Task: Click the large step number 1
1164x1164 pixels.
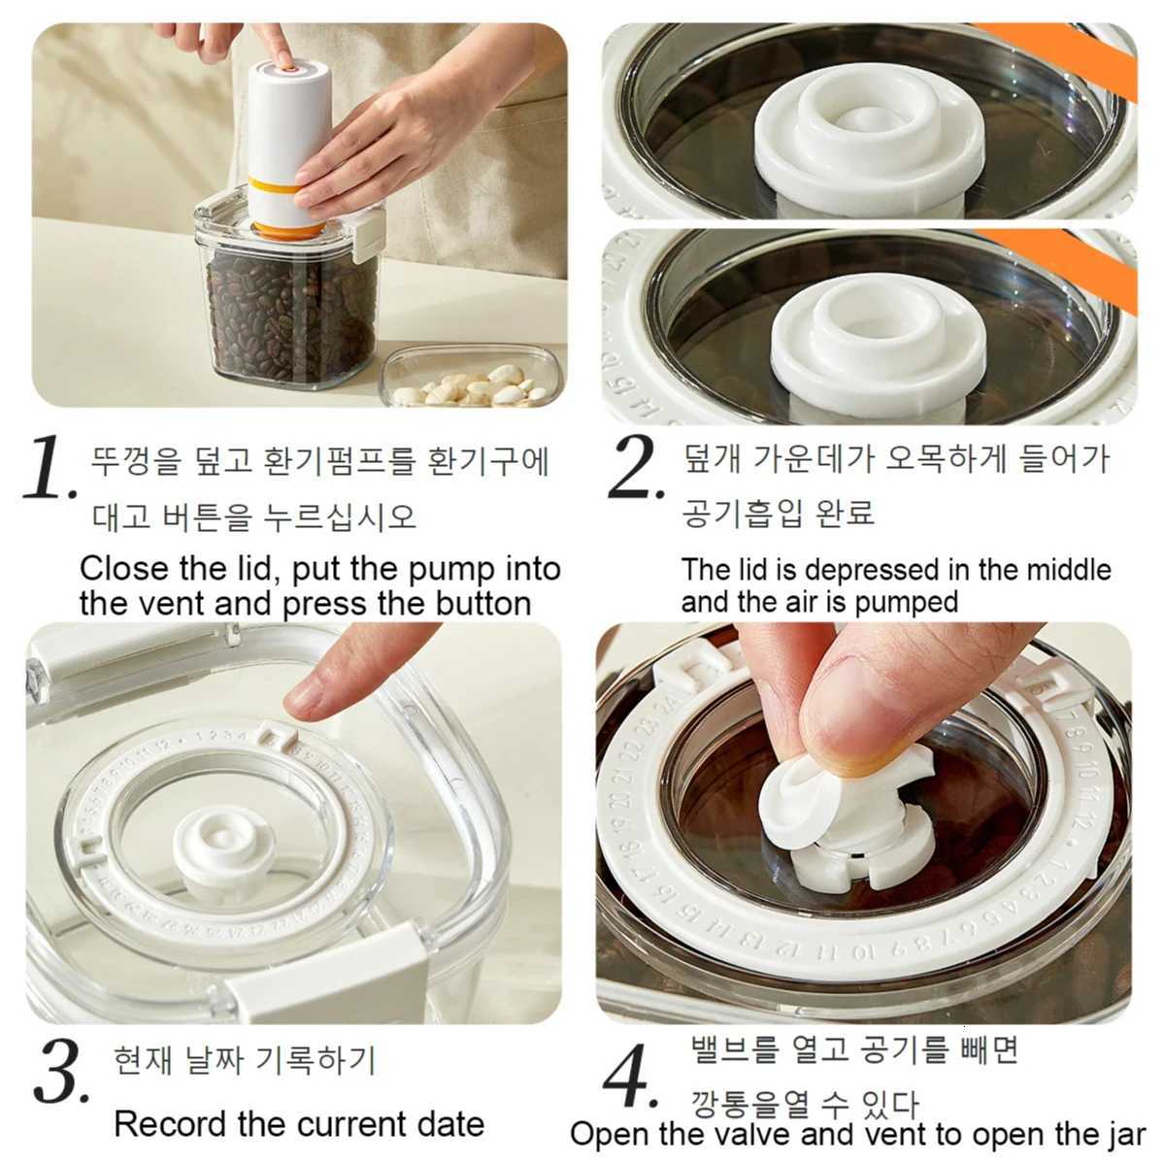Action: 49,469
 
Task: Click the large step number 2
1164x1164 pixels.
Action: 635,469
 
